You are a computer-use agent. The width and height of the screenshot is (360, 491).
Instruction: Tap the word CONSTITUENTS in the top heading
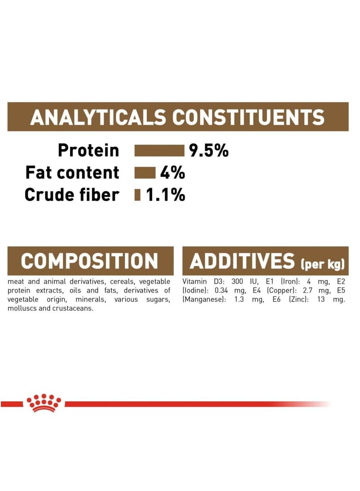(x=248, y=117)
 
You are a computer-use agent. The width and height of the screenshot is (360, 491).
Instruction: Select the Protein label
(x=89, y=150)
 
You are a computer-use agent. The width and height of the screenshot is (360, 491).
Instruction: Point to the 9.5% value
(x=209, y=150)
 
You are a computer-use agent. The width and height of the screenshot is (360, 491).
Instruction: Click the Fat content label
(x=72, y=172)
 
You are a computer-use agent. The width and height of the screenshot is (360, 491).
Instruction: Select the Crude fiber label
(x=72, y=194)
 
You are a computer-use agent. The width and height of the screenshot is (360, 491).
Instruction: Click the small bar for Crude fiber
(x=138, y=195)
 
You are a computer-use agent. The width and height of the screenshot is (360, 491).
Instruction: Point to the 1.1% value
(x=165, y=194)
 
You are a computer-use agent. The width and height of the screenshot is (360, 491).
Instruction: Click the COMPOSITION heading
(x=90, y=261)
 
